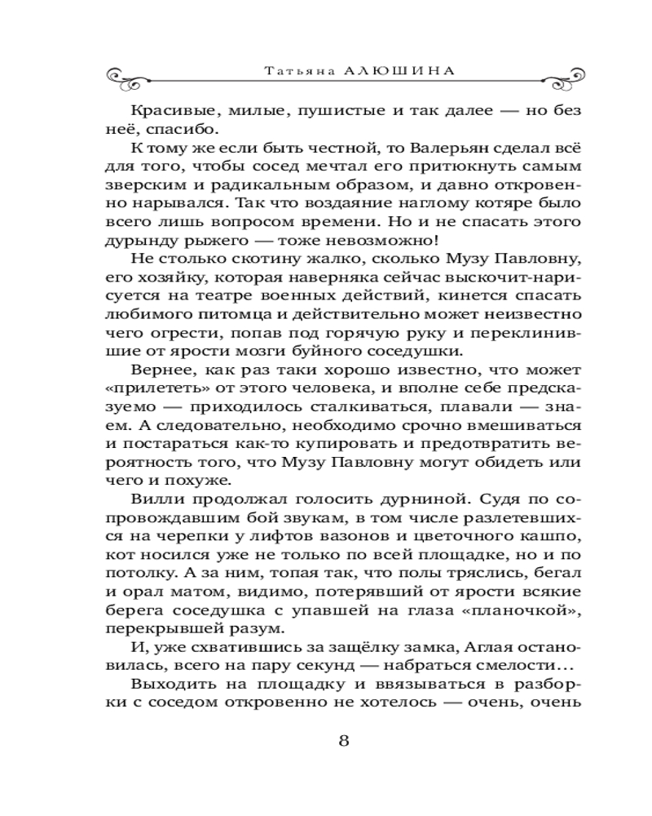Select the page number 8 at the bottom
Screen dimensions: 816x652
tap(343, 740)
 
